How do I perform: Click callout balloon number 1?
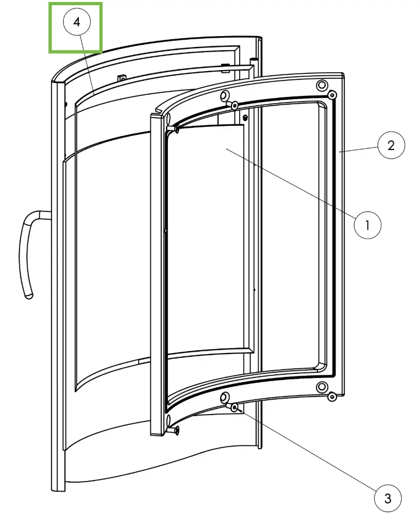coord(367,225)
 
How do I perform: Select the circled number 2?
coord(391,145)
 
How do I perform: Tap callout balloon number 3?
coord(388,499)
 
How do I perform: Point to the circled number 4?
coord(77,22)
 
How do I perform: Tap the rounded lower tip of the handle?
coord(29,295)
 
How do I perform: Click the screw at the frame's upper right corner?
coord(332,95)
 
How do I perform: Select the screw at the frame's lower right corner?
coord(332,397)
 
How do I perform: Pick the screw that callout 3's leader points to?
coord(234,408)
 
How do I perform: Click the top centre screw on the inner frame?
coord(233,105)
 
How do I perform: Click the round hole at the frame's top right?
coord(322,85)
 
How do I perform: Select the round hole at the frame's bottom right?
coord(322,387)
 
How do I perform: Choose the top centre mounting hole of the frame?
coord(225,96)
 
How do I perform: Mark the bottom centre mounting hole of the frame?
coord(225,398)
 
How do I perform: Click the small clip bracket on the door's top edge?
coord(122,78)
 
